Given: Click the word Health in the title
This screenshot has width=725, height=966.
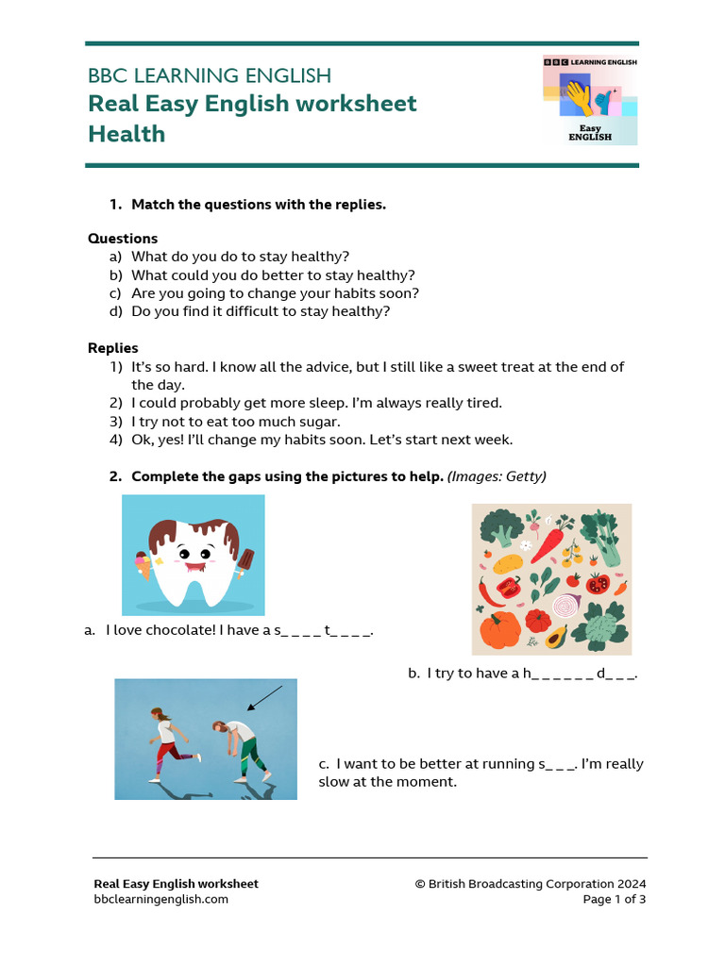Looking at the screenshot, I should click(x=126, y=134).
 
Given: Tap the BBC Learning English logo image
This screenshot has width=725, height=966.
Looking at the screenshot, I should click(x=590, y=100).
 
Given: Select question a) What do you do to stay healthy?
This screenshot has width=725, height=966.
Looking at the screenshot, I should click(x=240, y=257).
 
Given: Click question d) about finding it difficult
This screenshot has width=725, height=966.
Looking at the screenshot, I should click(x=260, y=311).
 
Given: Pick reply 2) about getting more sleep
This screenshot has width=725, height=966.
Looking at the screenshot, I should click(x=316, y=403).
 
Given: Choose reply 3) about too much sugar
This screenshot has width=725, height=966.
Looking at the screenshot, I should click(x=235, y=422).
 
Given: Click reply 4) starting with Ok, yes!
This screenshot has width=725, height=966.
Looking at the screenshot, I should click(x=322, y=440).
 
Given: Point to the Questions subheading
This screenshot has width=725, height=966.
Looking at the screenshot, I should click(x=123, y=239).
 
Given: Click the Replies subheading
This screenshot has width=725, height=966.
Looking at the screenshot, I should click(x=113, y=348).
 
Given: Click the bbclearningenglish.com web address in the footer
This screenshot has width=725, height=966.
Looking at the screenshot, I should click(x=160, y=899).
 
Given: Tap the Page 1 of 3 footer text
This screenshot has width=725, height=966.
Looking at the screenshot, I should click(x=614, y=899).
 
